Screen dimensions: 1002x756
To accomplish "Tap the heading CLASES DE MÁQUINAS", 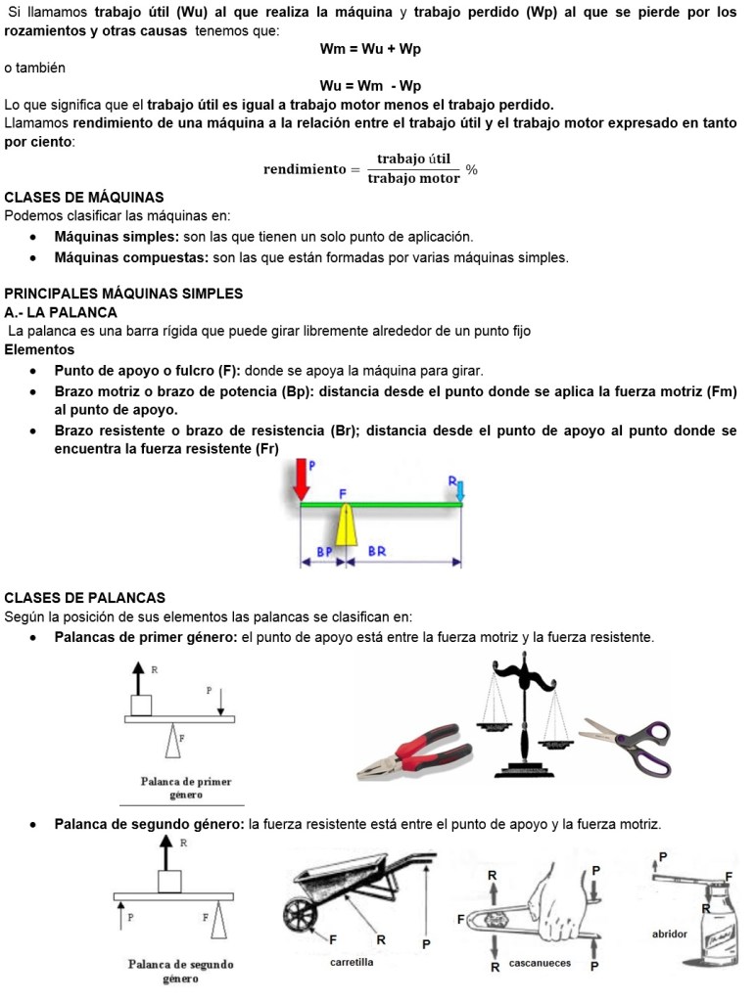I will pyautogui.click(x=84, y=197).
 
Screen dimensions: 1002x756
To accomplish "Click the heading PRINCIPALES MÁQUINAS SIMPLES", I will pyautogui.click(x=123, y=294).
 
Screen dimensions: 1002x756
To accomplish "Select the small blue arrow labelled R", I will pyautogui.click(x=459, y=490).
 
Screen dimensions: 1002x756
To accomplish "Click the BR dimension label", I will pyautogui.click(x=377, y=552).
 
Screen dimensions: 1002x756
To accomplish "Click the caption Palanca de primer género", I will pyautogui.click(x=186, y=788).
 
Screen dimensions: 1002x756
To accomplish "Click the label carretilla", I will pyautogui.click(x=352, y=962).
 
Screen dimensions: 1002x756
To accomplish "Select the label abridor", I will pyautogui.click(x=670, y=934).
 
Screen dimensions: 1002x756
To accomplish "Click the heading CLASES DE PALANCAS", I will pyautogui.click(x=85, y=598).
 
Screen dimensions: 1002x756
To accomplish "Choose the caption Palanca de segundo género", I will pyautogui.click(x=181, y=970).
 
